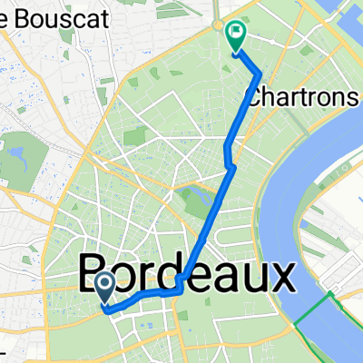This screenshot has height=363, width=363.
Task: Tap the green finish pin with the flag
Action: (x=235, y=36)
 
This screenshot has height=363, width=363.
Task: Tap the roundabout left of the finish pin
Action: (x=218, y=27)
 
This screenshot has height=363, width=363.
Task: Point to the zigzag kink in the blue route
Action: (x=230, y=163)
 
